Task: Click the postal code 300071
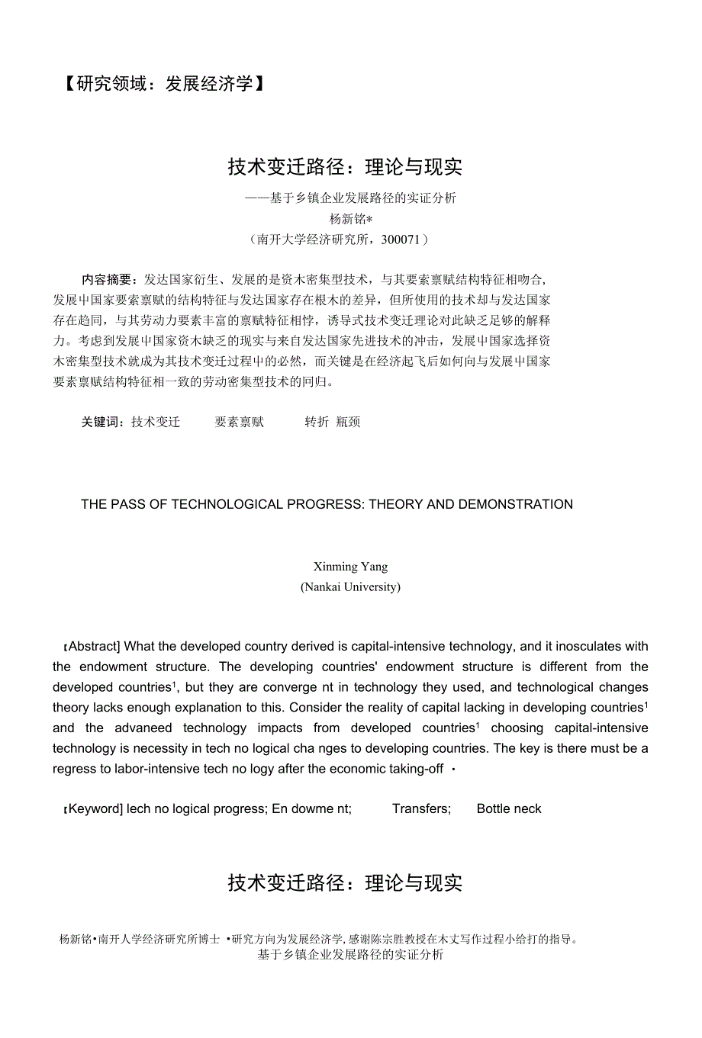pyautogui.click(x=401, y=239)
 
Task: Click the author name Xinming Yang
pyautogui.click(x=350, y=567)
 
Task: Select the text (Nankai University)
pyautogui.click(x=350, y=587)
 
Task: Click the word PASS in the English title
pyautogui.click(x=128, y=504)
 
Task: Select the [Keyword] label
pyautogui.click(x=93, y=809)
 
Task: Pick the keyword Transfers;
pyautogui.click(x=421, y=809)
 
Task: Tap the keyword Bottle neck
pyautogui.click(x=509, y=809)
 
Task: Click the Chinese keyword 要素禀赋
pyautogui.click(x=239, y=423)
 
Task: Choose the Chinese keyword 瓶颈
pyautogui.click(x=348, y=423)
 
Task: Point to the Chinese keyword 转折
pyautogui.click(x=317, y=423)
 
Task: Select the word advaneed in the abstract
pyautogui.click(x=143, y=728)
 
